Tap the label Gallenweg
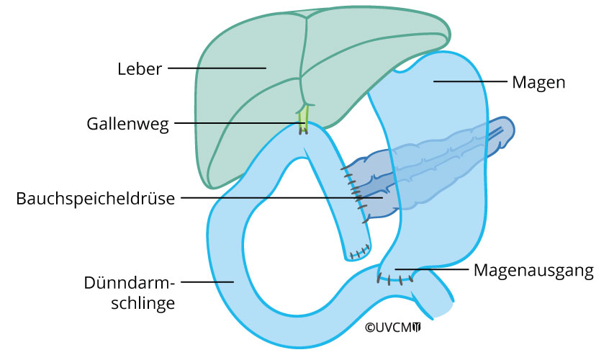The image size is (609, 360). click(x=127, y=123)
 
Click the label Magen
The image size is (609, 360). click(x=538, y=82)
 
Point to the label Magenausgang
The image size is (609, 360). click(x=533, y=271)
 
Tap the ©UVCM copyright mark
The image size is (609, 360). click(x=392, y=327)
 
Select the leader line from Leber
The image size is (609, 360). click(x=216, y=69)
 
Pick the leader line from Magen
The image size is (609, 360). click(x=468, y=82)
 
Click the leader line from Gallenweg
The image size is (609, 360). click(x=238, y=123)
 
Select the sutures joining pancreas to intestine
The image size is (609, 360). click(x=356, y=191)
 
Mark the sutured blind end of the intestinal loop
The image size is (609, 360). click(x=358, y=252)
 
